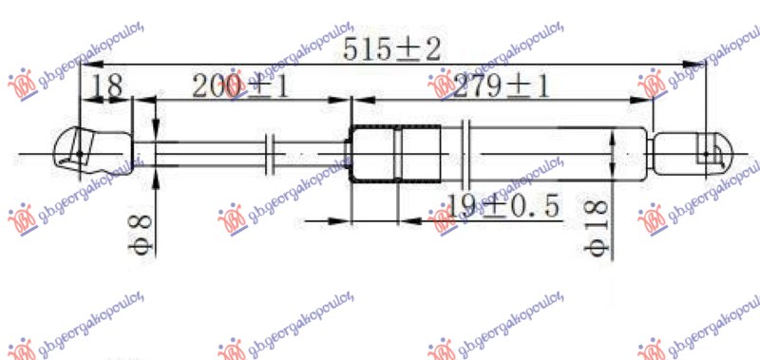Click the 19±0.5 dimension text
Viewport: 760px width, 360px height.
coord(501,204)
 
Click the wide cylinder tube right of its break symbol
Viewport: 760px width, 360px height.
coord(551,152)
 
